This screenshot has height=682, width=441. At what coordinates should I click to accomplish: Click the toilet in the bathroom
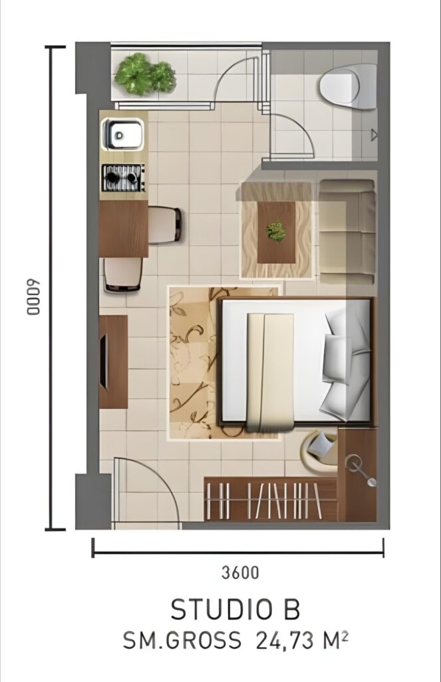coord(348,87)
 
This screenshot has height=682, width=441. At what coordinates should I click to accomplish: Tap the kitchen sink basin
coord(122,135)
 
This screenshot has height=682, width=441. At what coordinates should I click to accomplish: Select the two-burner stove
coord(123,177)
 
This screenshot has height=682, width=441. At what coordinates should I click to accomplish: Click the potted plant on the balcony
coord(145,74)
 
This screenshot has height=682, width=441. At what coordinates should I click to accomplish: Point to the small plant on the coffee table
coord(276,231)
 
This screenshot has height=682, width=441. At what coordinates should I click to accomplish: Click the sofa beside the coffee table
coord(347,232)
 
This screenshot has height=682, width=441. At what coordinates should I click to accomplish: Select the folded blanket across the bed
coord(270,372)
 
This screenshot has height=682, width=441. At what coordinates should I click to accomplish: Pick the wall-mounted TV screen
coord(104,361)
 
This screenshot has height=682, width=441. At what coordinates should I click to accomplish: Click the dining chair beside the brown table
coord(165,224)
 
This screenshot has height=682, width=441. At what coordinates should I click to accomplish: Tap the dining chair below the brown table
coord(123,274)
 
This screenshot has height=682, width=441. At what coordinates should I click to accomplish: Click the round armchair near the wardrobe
coord(320,450)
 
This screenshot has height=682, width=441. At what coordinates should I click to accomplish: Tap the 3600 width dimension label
coord(240,572)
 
